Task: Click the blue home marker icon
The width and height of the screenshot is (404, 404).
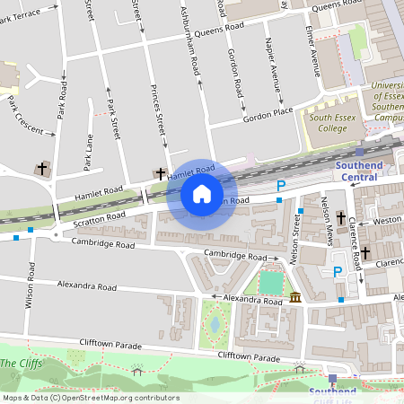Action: [x=202, y=194]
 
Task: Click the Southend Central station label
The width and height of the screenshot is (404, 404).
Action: [x=359, y=171]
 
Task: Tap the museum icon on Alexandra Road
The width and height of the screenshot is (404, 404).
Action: [x=295, y=298]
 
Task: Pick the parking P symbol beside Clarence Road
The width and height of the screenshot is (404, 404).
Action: [x=338, y=272]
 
